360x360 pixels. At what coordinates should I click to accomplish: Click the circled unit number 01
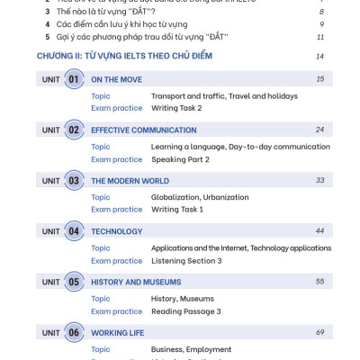pos(74,79)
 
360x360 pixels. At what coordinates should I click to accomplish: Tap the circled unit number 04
pos(74,231)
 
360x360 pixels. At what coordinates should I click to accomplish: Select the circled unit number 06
pos(74,332)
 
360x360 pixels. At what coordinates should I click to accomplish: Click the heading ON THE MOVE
pos(116,79)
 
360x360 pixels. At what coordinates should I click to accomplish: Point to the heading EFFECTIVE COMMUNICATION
pos(144,130)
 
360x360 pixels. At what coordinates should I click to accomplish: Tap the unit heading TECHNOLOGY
pos(117,231)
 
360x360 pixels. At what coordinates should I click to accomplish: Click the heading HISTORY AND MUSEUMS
pos(136,282)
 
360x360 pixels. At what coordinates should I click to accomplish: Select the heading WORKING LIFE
pos(118,332)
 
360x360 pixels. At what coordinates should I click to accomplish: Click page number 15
pos(319,79)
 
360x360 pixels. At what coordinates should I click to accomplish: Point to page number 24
pos(319,130)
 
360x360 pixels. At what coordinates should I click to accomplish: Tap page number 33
pos(319,180)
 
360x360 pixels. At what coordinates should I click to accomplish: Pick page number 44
pos(319,231)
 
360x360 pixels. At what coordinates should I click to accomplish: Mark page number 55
pos(319,282)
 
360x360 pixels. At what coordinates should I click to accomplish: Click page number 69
pos(319,332)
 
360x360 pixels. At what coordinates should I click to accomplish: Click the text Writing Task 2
pos(176,108)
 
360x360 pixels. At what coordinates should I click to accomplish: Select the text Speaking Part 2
pos(180,159)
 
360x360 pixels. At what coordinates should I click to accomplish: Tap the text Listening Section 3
pos(186,260)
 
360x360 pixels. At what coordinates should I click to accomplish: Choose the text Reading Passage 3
pos(185,311)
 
